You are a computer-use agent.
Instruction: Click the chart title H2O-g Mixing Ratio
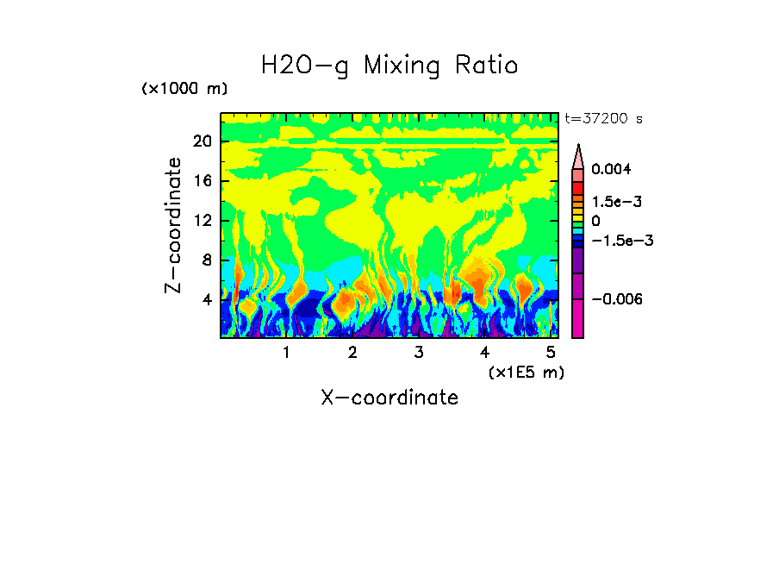pyautogui.click(x=389, y=66)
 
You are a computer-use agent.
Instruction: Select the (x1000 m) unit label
pyautogui.click(x=184, y=90)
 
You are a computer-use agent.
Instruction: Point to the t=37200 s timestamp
pyautogui.click(x=603, y=119)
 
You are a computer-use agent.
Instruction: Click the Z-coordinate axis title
pyautogui.click(x=174, y=225)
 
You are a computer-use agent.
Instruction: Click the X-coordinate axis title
pyautogui.click(x=389, y=398)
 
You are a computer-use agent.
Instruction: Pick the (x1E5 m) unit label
pyautogui.click(x=527, y=372)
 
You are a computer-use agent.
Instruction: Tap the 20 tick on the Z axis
pyautogui.click(x=202, y=142)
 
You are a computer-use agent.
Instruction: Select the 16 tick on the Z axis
pyautogui.click(x=202, y=182)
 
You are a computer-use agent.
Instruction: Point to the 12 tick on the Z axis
pyautogui.click(x=202, y=221)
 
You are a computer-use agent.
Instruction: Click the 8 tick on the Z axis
pyautogui.click(x=206, y=260)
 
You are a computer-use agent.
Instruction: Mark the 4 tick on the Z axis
pyautogui.click(x=206, y=300)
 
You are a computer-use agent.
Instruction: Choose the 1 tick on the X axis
pyautogui.click(x=286, y=353)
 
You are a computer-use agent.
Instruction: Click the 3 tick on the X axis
pyautogui.click(x=418, y=353)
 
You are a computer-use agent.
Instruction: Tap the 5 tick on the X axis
pyautogui.click(x=550, y=353)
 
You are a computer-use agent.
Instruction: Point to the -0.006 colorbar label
pyautogui.click(x=618, y=299)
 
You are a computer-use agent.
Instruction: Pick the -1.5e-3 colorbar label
pyautogui.click(x=622, y=241)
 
